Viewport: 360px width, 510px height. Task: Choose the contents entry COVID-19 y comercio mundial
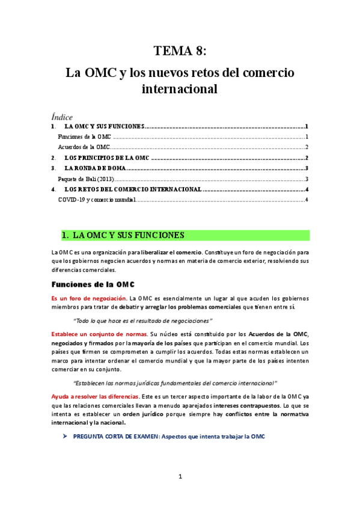point(96,200)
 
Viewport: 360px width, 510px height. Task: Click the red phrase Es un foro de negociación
point(89,298)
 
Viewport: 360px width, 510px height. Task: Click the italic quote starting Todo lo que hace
point(142,321)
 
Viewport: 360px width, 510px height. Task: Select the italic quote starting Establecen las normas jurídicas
point(174,383)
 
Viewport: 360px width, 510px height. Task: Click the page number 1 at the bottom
point(180,477)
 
